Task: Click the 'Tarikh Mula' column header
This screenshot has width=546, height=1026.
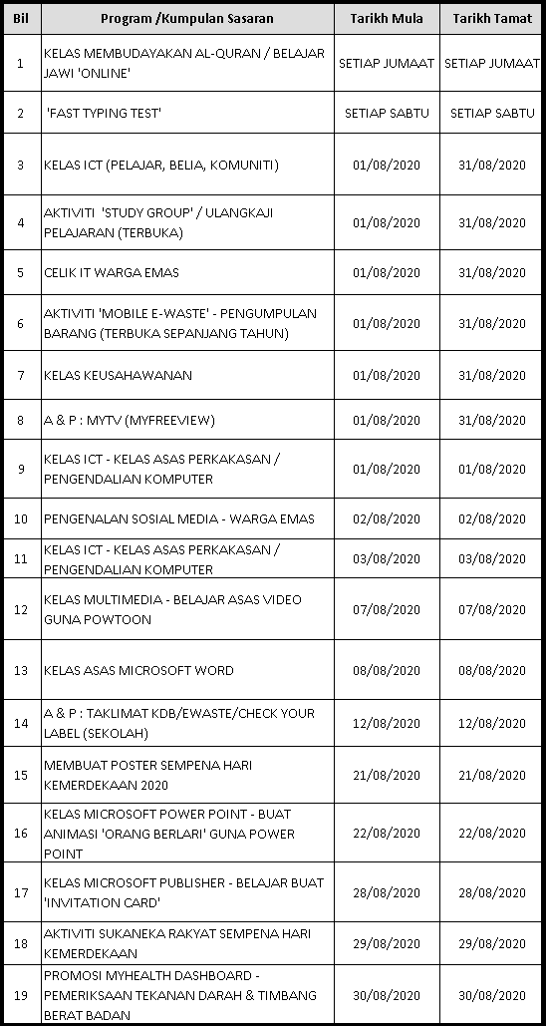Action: click(x=386, y=19)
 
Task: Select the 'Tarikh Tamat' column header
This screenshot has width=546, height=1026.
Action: click(x=491, y=19)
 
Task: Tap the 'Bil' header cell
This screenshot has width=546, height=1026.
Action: click(x=20, y=19)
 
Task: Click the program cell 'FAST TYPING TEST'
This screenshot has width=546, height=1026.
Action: click(x=104, y=113)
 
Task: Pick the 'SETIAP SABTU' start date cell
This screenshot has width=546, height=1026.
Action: click(x=386, y=113)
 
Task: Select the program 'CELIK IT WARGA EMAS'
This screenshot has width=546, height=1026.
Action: click(x=112, y=272)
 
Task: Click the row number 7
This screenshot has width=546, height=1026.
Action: click(x=20, y=375)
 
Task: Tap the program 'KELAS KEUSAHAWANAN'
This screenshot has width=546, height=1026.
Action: click(x=118, y=375)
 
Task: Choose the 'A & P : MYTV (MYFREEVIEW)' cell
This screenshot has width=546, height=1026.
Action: click(x=129, y=420)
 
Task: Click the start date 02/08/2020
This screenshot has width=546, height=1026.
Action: click(x=386, y=518)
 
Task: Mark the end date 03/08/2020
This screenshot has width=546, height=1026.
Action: click(x=491, y=559)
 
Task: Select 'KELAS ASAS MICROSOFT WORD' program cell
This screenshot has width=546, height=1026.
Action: click(x=138, y=670)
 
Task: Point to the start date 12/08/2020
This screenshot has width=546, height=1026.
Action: click(x=386, y=723)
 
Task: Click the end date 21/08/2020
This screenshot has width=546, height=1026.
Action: click(x=491, y=775)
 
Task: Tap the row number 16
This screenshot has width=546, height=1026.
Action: click(x=20, y=834)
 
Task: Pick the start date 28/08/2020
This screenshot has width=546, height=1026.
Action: click(x=386, y=892)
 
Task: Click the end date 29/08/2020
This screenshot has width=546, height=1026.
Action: click(x=491, y=943)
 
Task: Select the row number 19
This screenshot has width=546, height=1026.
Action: click(x=20, y=995)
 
